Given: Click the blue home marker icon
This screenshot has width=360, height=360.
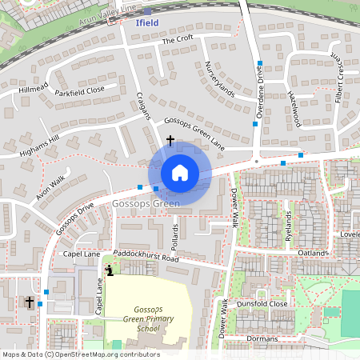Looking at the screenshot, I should pyautogui.click(x=180, y=172).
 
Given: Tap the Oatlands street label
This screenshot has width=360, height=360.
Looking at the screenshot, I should pyautogui.click(x=310, y=254).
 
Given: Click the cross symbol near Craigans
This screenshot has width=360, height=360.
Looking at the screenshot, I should pyautogui.click(x=170, y=140).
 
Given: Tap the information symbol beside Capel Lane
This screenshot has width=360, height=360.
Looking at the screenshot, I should pyautogui.click(x=110, y=270).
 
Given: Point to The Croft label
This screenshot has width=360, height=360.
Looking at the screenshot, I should pyautogui.click(x=178, y=38).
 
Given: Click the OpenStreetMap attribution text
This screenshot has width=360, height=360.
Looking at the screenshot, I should pyautogui.click(x=80, y=354).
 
